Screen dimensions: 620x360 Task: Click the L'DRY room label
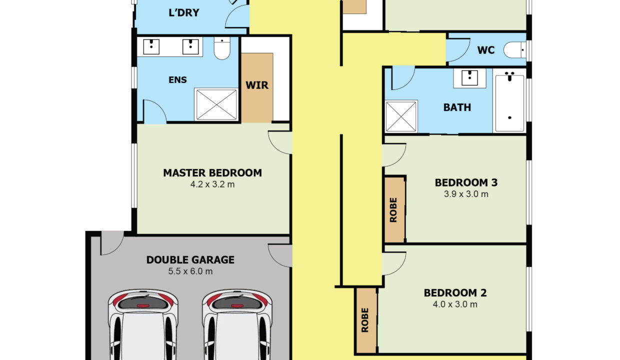coord(184,12)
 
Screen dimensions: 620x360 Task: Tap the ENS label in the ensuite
coord(177,80)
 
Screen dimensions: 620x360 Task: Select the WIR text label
coord(257,85)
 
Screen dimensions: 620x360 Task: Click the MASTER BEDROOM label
coord(212,173)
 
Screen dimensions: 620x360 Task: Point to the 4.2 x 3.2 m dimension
coord(212,184)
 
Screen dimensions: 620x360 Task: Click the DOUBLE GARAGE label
coord(190,260)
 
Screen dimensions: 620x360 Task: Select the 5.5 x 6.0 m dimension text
coord(190,271)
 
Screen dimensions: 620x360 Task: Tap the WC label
coord(486,50)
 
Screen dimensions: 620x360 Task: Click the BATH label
coord(457,107)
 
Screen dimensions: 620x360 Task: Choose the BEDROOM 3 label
coord(466,182)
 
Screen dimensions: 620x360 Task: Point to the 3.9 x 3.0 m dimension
coord(466,194)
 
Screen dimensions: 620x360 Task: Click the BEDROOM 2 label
coord(455,293)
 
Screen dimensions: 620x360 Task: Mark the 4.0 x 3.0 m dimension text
coord(455,304)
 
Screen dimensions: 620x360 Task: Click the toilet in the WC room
coord(514,50)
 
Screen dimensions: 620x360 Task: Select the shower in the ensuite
coord(216,104)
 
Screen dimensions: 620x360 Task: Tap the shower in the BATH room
coord(401,116)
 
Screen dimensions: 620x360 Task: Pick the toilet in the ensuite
coord(222,48)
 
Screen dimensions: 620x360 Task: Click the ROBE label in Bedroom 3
coord(393,209)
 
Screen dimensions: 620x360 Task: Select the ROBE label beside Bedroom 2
coord(365,320)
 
